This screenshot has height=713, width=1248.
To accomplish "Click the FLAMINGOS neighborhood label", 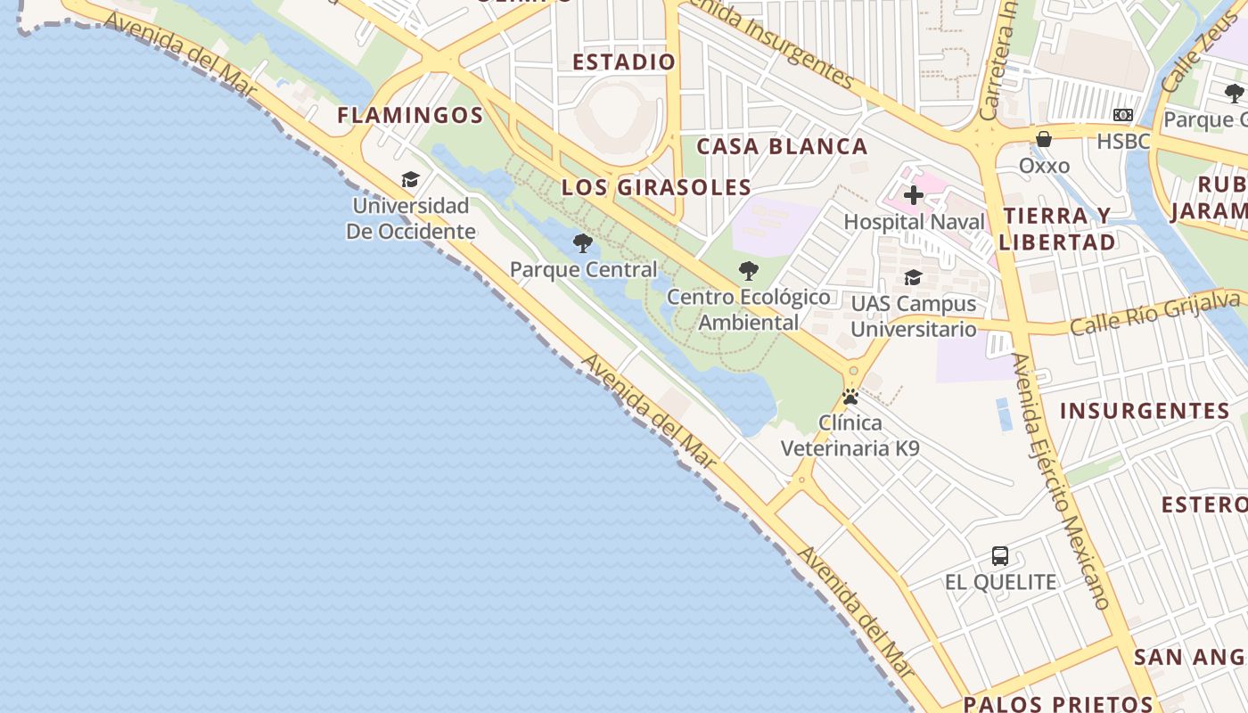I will click(410, 115).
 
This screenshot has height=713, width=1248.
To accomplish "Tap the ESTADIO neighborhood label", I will click(624, 61).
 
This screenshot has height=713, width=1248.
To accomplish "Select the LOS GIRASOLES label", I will click(656, 187).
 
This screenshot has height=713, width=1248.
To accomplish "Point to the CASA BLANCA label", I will click(782, 146).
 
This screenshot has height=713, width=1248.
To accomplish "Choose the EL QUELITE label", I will click(1000, 582).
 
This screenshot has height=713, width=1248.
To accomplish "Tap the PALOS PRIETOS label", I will click(1058, 703).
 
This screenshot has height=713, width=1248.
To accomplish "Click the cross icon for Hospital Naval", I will click(914, 195).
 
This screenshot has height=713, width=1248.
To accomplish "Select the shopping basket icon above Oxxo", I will click(1044, 139).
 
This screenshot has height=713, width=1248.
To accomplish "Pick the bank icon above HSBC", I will click(1123, 115).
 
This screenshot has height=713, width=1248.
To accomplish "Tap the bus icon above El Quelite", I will click(1000, 556).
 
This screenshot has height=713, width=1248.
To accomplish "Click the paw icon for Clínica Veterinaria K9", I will click(850, 397).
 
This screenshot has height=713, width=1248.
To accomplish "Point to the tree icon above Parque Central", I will click(583, 242).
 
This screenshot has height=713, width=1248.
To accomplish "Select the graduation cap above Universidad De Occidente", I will click(410, 179).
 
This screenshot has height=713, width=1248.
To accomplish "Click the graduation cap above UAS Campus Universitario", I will click(913, 277).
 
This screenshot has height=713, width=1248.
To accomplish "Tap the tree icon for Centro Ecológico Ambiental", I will click(749, 270).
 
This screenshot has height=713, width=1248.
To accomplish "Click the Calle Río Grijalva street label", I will click(1154, 313).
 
